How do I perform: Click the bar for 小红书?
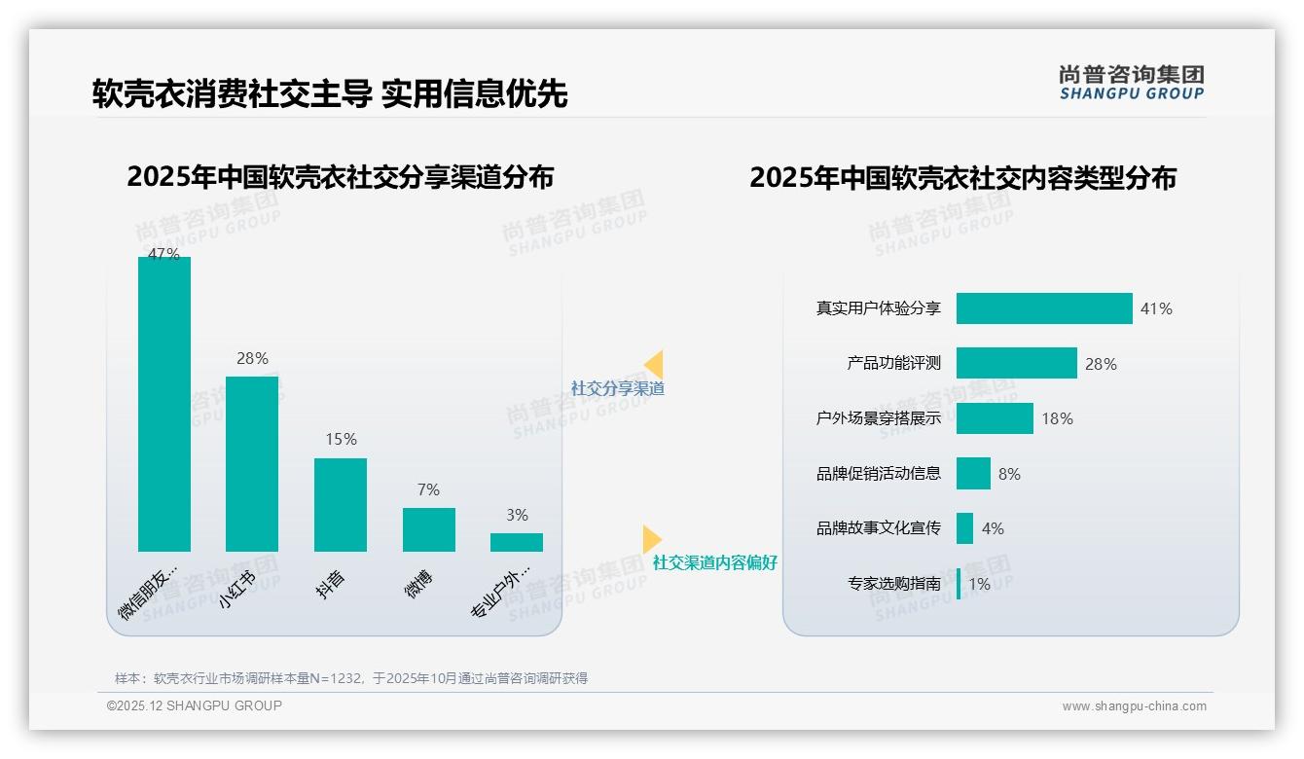(x=252, y=464)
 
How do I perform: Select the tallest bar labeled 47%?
(x=164, y=404)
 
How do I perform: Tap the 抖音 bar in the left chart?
(x=341, y=505)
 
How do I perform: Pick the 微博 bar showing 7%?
(x=428, y=529)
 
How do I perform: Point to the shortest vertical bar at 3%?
(x=517, y=542)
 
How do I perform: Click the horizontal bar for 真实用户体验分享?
(x=1044, y=308)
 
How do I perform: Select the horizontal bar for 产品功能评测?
(x=1016, y=363)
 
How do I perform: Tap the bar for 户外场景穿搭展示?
(x=995, y=418)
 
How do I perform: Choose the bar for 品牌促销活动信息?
(x=973, y=474)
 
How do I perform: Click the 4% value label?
(x=993, y=528)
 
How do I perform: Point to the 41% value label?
(x=1156, y=308)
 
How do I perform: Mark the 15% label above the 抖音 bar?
(x=341, y=440)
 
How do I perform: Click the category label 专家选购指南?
(x=894, y=584)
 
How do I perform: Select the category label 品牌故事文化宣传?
(x=879, y=528)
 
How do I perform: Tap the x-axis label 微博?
(x=418, y=584)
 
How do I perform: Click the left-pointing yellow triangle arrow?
(x=654, y=364)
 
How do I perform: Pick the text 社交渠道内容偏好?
(x=715, y=562)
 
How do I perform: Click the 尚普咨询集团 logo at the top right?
(x=1132, y=83)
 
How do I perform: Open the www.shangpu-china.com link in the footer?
(x=1134, y=706)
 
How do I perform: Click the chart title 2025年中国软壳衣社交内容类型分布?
(x=962, y=178)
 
